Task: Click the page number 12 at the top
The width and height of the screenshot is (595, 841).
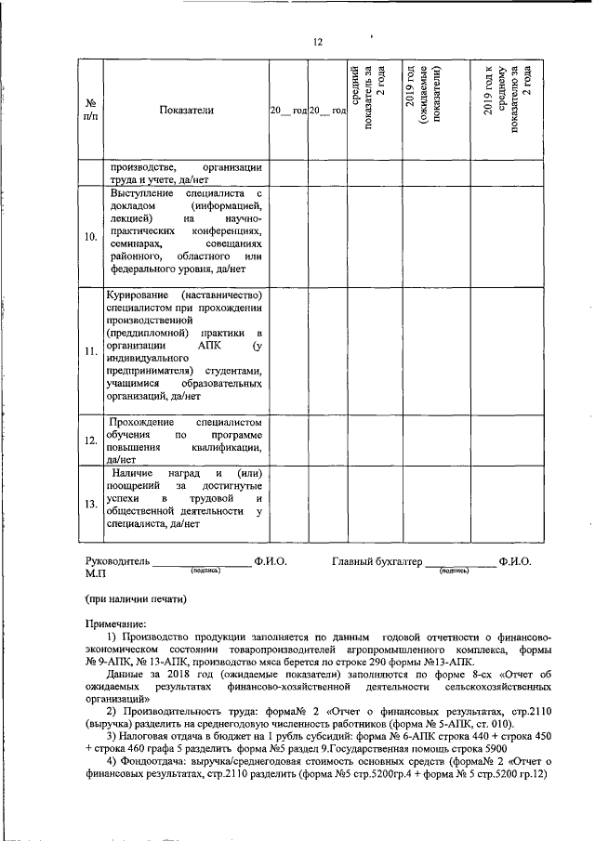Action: [x=318, y=43]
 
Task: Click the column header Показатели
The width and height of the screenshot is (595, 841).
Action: [x=186, y=111]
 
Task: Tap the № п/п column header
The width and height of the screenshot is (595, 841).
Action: [x=91, y=111]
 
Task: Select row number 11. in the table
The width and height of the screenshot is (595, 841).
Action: [x=91, y=352]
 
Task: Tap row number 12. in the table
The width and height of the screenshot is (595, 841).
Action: [x=91, y=440]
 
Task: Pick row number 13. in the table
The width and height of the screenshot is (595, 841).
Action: [x=91, y=504]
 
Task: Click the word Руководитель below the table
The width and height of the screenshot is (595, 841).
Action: [x=116, y=562]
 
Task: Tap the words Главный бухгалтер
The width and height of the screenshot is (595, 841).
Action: [x=377, y=562]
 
